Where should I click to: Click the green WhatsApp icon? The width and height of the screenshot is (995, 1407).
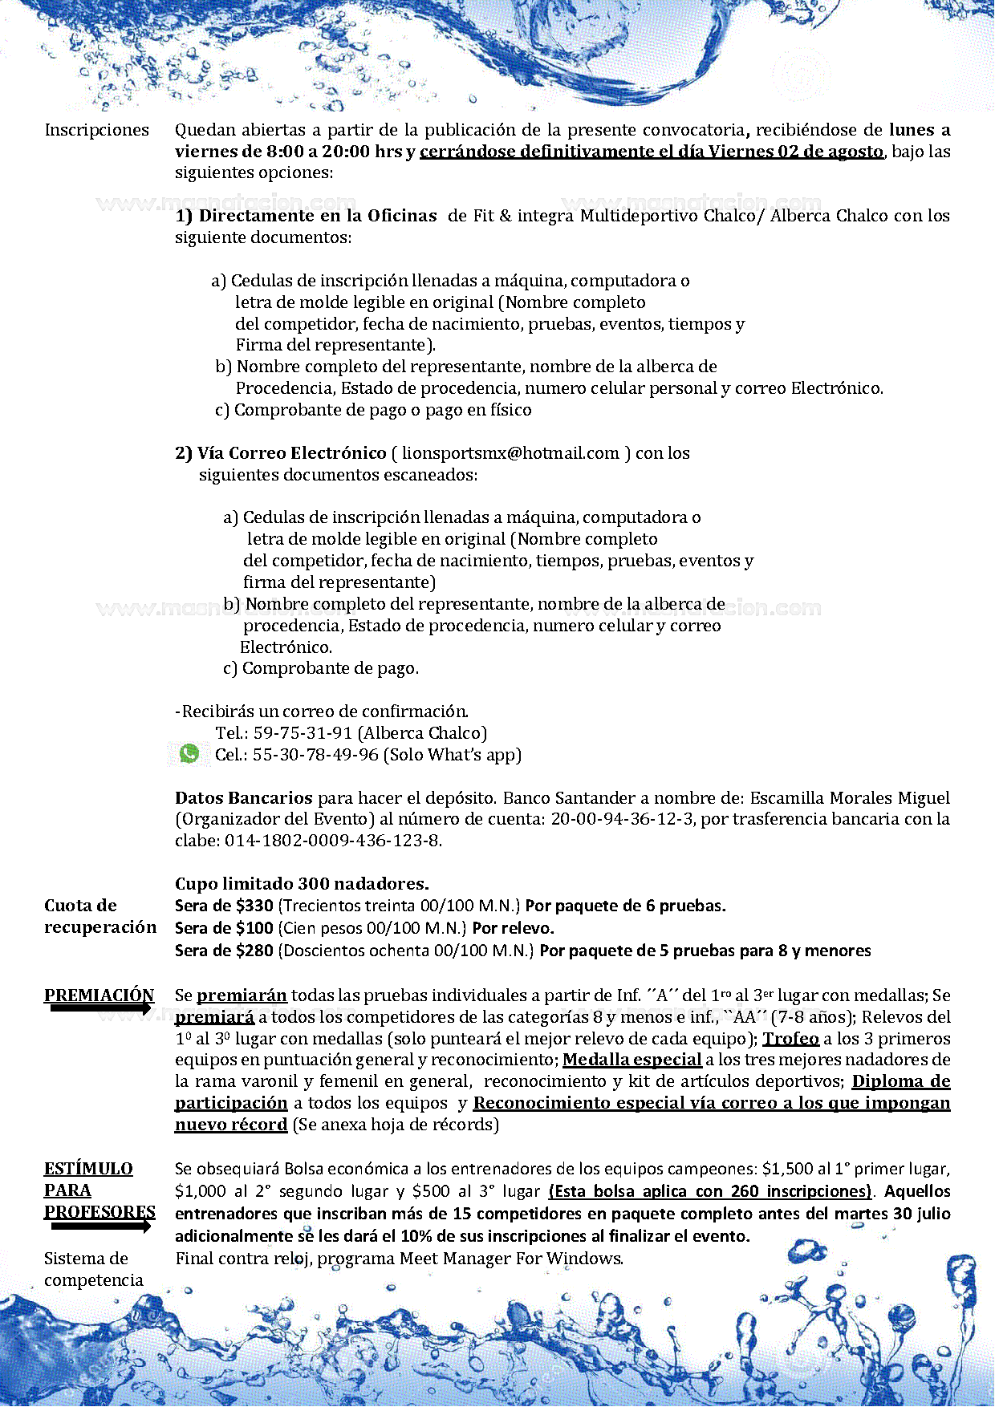(189, 753)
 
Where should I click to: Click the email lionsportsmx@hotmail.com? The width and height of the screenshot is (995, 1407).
(510, 453)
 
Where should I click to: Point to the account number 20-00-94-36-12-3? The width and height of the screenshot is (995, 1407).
(622, 819)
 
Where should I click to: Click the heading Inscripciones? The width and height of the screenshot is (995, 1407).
(96, 130)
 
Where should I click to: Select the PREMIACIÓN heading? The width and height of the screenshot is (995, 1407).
(99, 995)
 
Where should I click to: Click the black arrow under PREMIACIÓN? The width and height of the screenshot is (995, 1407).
(100, 1008)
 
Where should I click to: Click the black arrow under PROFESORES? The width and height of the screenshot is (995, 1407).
(100, 1226)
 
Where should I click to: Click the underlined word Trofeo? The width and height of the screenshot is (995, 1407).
(790, 1039)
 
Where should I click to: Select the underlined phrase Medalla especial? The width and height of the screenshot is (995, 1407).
(632, 1060)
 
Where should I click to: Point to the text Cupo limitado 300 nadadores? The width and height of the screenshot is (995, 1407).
(302, 884)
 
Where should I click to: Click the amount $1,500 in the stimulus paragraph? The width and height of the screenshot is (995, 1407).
(786, 1169)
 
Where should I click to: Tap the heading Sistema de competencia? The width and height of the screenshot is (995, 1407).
(93, 1269)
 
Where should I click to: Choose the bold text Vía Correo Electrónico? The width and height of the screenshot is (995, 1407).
(291, 453)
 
